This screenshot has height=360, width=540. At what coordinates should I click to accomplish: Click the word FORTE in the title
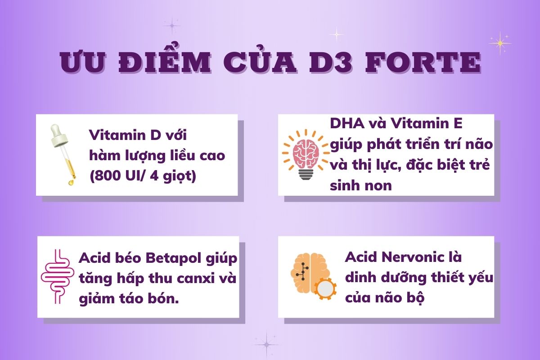pyautogui.click(x=423, y=62)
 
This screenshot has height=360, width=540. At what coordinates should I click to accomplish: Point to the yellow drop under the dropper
pyautogui.click(x=71, y=182)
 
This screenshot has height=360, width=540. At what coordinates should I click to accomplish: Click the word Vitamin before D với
pyautogui.click(x=117, y=135)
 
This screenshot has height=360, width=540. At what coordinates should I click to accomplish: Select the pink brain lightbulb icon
pyautogui.click(x=306, y=154)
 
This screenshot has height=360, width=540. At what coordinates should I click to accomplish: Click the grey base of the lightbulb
pyautogui.click(x=306, y=174)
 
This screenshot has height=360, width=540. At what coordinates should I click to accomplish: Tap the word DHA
pyautogui.click(x=347, y=123)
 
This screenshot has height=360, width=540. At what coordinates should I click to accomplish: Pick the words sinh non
pyautogui.click(x=360, y=186)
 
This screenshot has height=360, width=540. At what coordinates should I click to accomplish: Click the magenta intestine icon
pyautogui.click(x=58, y=277)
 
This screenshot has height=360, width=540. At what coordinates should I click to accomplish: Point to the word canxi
pyautogui.click(x=196, y=279)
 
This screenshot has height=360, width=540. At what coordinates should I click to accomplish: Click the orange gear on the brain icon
pyautogui.click(x=325, y=288)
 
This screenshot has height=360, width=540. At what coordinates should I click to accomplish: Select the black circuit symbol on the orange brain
pyautogui.click(x=302, y=271)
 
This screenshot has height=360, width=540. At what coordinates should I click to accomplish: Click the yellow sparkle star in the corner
pyautogui.click(x=500, y=43)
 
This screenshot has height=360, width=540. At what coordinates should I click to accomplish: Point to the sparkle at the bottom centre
pyautogui.click(x=267, y=345)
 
